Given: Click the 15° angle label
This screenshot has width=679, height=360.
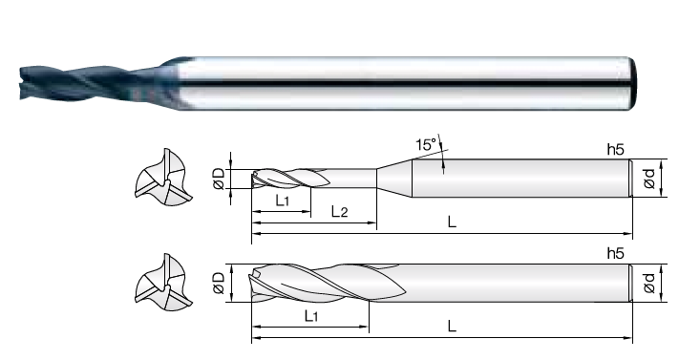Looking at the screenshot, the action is (427, 144).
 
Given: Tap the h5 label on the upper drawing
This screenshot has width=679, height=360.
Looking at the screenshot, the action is (615, 150).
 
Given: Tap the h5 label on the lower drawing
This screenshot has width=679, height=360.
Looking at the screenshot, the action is (615, 253).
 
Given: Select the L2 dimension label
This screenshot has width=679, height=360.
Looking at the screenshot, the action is (340, 211).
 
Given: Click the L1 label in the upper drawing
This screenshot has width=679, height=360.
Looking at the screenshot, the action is (282, 201).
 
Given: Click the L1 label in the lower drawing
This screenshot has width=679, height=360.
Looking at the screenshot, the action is (311, 316).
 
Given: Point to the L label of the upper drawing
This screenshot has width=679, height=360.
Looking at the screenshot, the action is (452, 222).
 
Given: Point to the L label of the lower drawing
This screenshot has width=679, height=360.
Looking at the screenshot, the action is (452, 326).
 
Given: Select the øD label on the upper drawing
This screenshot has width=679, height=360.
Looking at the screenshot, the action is (219, 179).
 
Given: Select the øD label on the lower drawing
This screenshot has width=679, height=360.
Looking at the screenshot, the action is (219, 283).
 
